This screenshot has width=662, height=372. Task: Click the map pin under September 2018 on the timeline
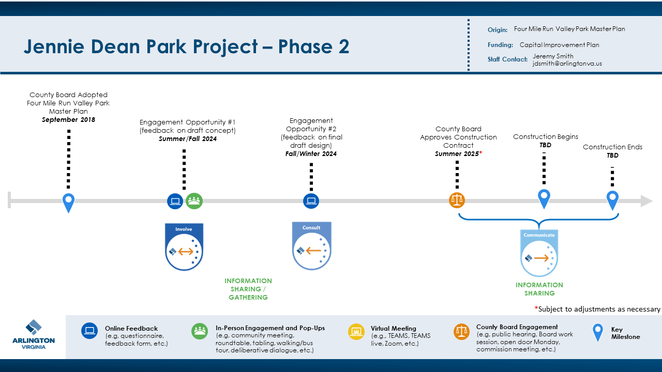coord(68,202)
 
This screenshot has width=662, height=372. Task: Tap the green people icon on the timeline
coord(194,201)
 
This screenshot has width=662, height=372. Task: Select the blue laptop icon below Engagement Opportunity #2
coord(311,201)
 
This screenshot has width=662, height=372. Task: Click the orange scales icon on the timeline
coord(457,200)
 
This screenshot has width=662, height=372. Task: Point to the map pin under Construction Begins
coord(544,198)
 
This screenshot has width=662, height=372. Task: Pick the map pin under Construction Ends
coord(612,199)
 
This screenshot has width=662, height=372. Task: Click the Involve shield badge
coord(184,246)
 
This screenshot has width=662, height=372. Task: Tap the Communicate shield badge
coord(539,253)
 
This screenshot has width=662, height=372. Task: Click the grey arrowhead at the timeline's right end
coord(646,201)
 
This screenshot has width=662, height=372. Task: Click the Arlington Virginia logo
coord(34,335)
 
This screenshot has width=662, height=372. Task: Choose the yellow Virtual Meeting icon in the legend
coord(356,331)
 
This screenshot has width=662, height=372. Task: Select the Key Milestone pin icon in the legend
coord(598,332)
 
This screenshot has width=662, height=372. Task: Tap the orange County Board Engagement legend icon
coord(461,331)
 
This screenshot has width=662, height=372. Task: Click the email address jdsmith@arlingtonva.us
coord(567,64)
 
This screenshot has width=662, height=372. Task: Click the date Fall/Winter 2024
coord(311,154)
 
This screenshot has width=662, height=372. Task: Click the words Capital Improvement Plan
coord(559,45)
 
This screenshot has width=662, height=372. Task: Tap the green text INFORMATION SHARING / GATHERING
coord(248,289)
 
